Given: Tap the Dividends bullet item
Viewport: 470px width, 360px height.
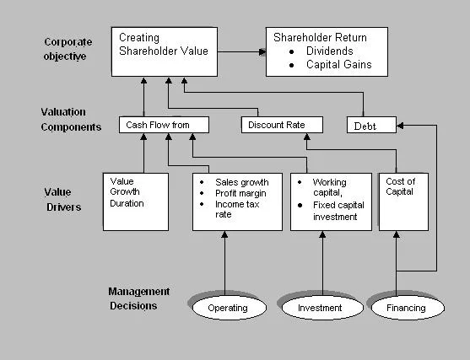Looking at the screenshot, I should click(x=329, y=51).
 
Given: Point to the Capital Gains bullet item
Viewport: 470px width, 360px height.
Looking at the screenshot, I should click(x=338, y=65).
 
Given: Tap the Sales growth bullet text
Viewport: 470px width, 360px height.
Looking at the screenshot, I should click(x=241, y=182).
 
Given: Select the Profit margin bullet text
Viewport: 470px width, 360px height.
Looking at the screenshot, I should click(x=241, y=193).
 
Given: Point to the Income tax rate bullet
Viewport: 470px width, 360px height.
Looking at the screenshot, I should click(x=238, y=208).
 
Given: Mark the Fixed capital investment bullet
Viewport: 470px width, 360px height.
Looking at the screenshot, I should click(x=335, y=211).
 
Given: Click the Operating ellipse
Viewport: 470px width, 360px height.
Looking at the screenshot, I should click(x=227, y=308).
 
